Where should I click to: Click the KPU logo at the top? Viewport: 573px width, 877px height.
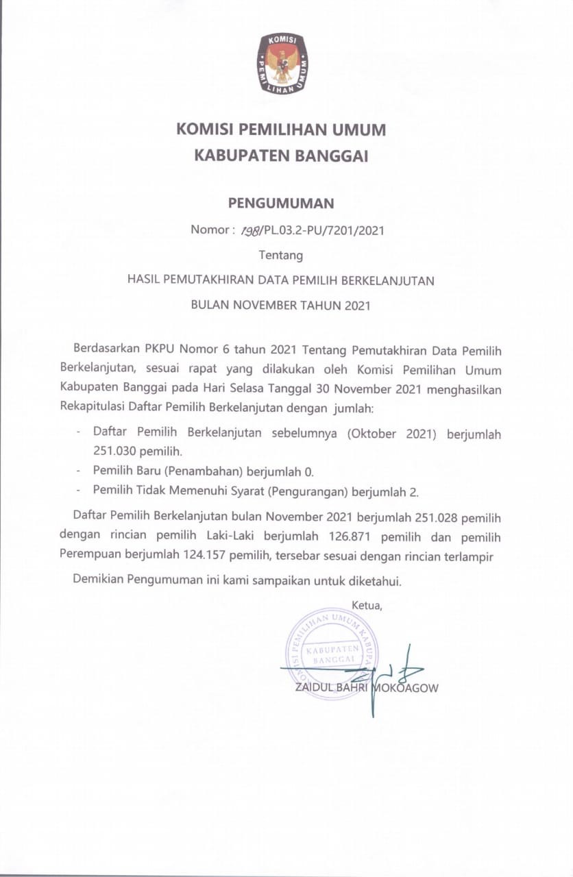[282, 64]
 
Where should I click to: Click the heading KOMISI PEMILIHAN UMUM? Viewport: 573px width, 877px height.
[281, 129]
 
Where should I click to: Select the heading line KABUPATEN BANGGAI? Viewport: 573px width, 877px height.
[281, 156]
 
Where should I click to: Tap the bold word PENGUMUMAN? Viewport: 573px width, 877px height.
[281, 203]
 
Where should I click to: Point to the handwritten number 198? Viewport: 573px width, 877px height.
[249, 231]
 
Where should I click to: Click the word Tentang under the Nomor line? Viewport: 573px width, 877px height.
[281, 256]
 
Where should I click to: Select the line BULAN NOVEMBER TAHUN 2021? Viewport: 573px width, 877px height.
[281, 306]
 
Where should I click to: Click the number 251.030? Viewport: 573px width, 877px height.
[115, 452]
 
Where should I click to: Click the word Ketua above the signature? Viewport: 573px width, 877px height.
[366, 604]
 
